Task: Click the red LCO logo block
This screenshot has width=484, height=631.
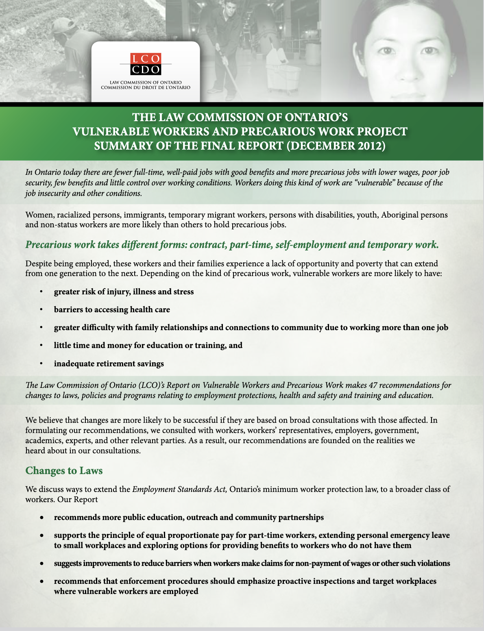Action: tap(146, 59)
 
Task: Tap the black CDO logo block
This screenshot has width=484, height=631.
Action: tap(146, 70)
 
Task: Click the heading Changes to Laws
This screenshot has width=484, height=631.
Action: tap(64, 470)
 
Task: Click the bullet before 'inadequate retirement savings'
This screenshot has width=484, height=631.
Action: tap(41, 363)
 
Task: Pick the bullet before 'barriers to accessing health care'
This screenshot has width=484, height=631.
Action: tap(41, 310)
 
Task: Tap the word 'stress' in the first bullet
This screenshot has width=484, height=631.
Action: tap(183, 292)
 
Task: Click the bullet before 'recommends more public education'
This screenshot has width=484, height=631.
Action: tap(41, 518)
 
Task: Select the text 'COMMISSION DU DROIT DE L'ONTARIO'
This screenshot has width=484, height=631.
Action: tap(146, 88)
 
